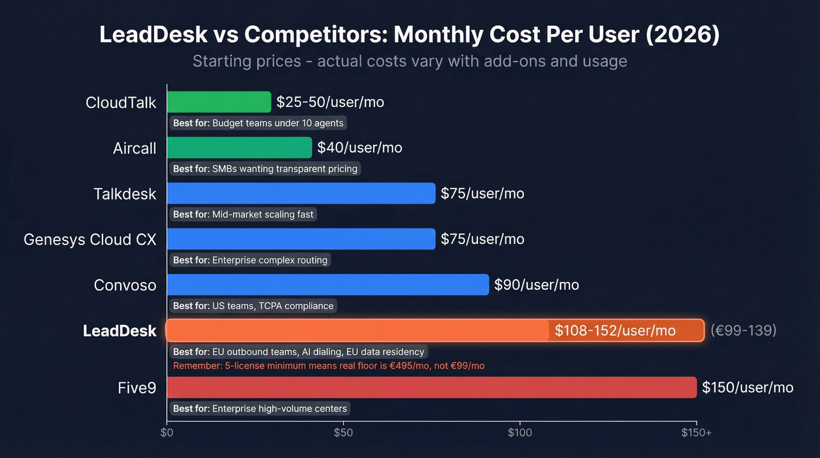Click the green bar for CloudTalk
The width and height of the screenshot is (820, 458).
point(219,102)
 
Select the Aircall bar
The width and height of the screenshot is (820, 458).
point(239,148)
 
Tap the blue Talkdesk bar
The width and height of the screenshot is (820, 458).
point(301,194)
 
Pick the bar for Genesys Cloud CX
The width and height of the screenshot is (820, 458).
point(301,239)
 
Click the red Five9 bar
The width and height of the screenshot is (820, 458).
point(432,388)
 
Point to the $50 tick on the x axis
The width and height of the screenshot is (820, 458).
point(343,433)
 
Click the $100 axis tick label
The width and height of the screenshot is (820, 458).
point(520,433)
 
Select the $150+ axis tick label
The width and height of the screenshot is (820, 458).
point(696,433)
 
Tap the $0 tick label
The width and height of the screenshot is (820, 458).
point(167,433)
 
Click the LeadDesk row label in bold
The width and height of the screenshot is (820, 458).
point(119,331)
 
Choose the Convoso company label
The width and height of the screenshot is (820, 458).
point(125,285)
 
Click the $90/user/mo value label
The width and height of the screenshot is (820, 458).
point(537,285)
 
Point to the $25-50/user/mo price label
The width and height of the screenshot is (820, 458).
point(330,102)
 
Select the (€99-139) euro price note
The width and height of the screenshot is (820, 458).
point(743,331)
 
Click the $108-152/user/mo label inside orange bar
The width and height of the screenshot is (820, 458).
point(615,331)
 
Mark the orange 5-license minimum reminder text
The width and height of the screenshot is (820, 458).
point(329,366)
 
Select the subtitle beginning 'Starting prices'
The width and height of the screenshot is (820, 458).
point(409,61)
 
